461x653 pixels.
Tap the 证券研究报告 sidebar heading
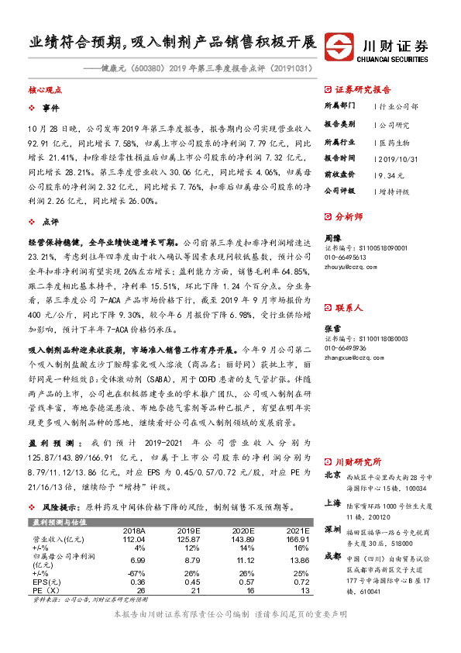point(363,89)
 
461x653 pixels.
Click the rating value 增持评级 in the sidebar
point(395,190)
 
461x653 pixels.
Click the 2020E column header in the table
point(243,530)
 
